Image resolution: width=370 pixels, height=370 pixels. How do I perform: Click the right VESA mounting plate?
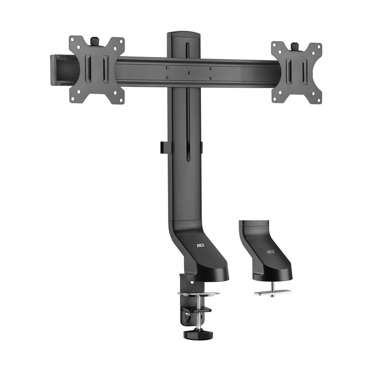point(296,72)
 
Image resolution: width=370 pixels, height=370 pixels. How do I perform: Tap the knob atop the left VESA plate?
point(94,40)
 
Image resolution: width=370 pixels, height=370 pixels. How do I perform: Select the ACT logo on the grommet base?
point(271,252)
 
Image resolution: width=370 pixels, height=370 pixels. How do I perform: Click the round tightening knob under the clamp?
point(198,334)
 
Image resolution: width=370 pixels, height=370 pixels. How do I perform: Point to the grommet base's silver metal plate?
point(272,292)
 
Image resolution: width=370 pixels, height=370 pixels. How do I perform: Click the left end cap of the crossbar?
point(53,70)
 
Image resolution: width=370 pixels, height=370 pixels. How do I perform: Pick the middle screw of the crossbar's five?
point(188,73)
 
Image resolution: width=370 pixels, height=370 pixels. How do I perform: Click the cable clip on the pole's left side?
point(167,147)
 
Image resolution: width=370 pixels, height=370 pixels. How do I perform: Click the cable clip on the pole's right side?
point(201,147)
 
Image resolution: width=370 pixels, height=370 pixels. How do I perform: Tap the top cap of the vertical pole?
point(184,35)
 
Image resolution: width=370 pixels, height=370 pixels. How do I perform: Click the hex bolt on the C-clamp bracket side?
point(188,314)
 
